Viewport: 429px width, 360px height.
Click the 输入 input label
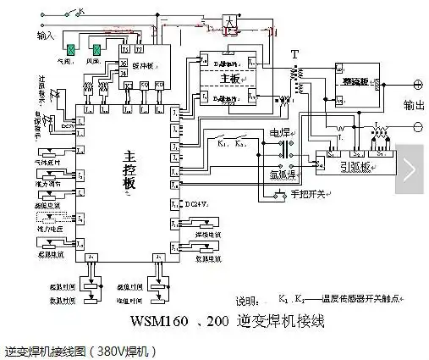pos(46,36)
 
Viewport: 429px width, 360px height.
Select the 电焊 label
pos(279,133)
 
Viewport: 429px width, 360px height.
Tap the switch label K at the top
pos(81,11)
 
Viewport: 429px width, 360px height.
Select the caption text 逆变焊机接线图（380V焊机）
pos(76,350)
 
